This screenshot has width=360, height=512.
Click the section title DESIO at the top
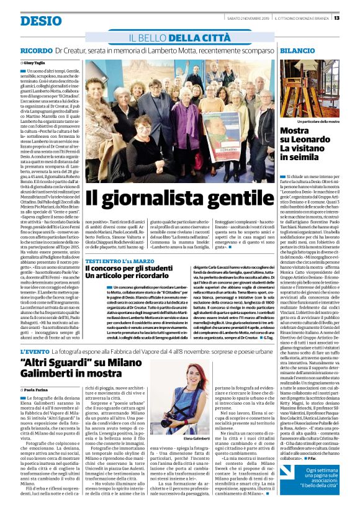click(38, 20)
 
